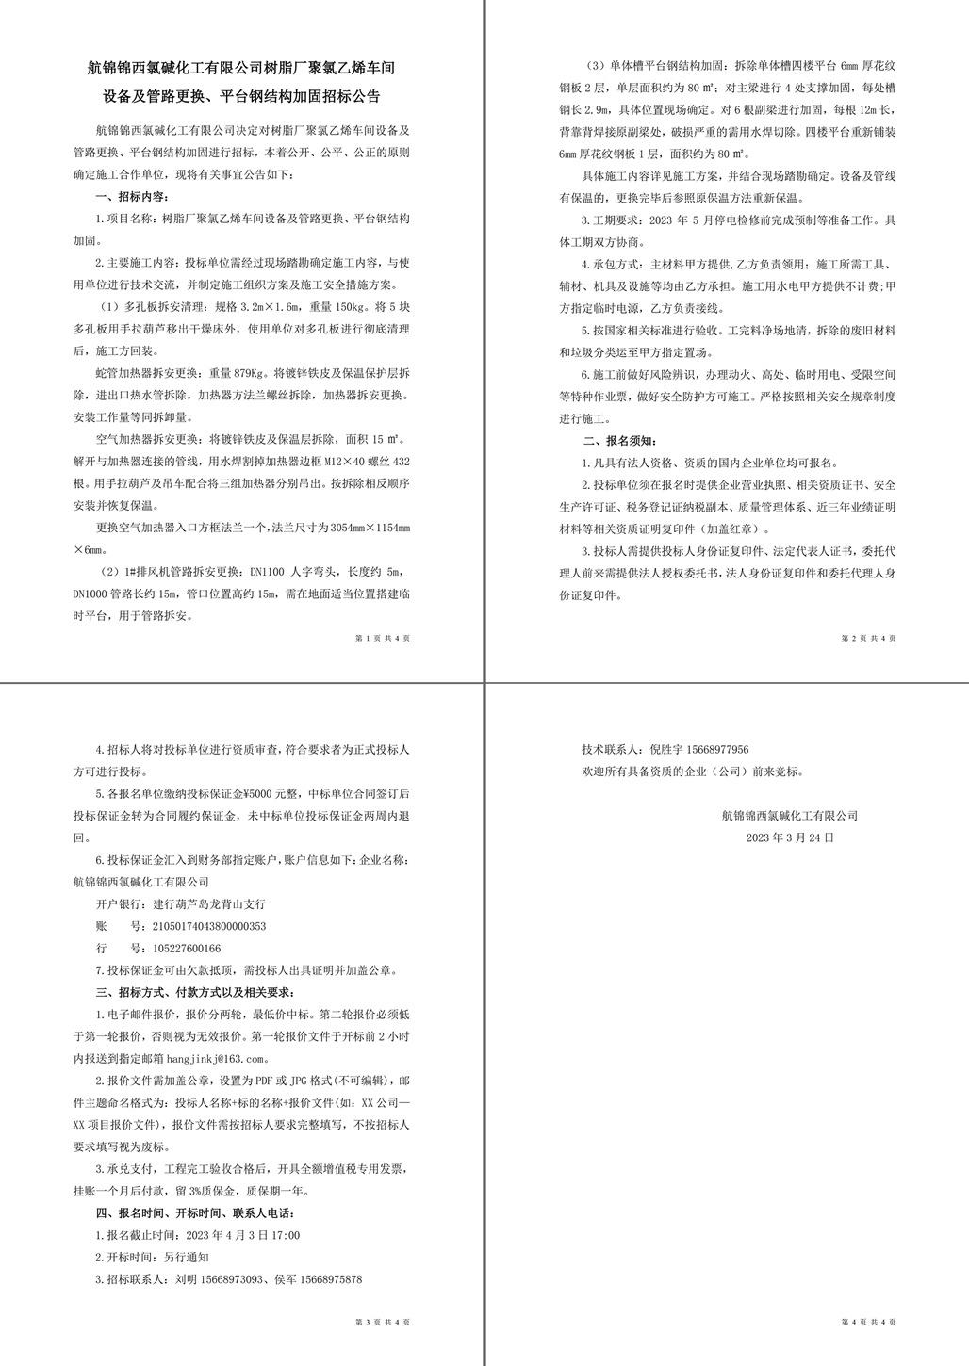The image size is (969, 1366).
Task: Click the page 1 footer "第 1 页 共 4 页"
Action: click(383, 638)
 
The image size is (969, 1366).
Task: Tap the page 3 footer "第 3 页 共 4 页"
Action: click(383, 1322)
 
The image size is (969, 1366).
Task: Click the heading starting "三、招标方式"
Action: click(196, 992)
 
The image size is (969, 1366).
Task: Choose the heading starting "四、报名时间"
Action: click(196, 1212)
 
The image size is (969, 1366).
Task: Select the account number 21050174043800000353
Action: click(208, 926)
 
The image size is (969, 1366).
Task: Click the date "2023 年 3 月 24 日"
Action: click(789, 837)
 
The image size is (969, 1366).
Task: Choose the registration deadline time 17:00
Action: click(287, 1234)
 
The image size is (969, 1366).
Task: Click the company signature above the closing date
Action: click(789, 815)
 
